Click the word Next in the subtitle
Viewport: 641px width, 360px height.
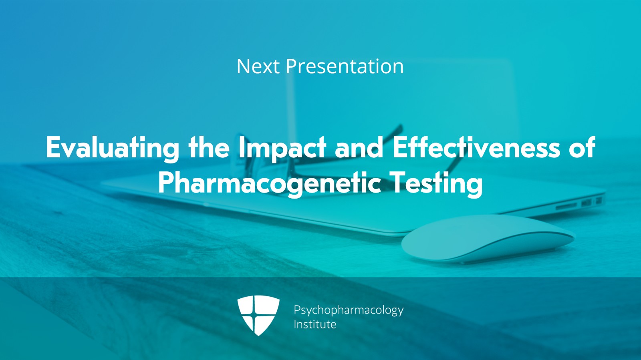pos(258,66)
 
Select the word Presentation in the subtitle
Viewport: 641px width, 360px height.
pos(344,66)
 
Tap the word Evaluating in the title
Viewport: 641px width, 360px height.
pos(112,148)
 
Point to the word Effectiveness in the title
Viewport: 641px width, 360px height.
pos(476,147)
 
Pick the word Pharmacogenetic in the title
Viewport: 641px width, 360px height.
pos(269,183)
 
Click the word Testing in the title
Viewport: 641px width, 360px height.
pos(436,183)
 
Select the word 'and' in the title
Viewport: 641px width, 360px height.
pos(359,147)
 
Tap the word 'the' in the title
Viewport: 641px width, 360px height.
pos(209,147)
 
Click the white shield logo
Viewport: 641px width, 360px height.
pos(258,315)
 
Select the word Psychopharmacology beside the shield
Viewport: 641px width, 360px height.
pos(348,310)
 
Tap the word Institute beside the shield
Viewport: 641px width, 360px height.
pos(315,324)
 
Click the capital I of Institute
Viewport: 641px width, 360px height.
pos(295,324)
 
